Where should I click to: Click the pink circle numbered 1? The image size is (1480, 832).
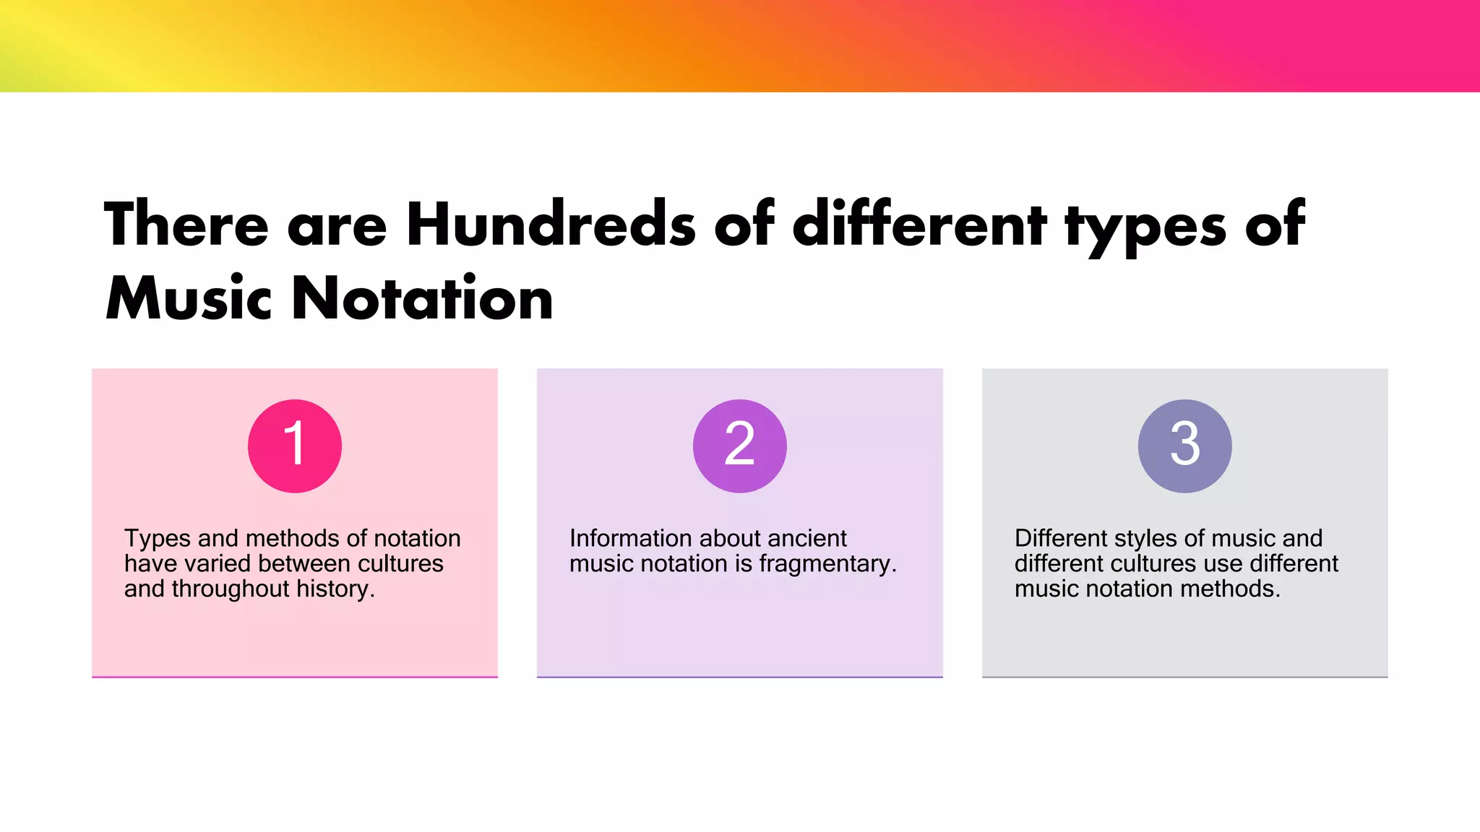[294, 446]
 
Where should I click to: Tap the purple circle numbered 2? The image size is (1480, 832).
[739, 446]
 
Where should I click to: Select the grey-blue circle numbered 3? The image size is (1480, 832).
[1184, 446]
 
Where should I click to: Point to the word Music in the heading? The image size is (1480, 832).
[189, 299]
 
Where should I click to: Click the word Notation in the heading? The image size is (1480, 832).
[422, 299]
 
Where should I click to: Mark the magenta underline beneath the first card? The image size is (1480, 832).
[294, 677]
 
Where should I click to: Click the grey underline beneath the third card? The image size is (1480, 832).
[1184, 677]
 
